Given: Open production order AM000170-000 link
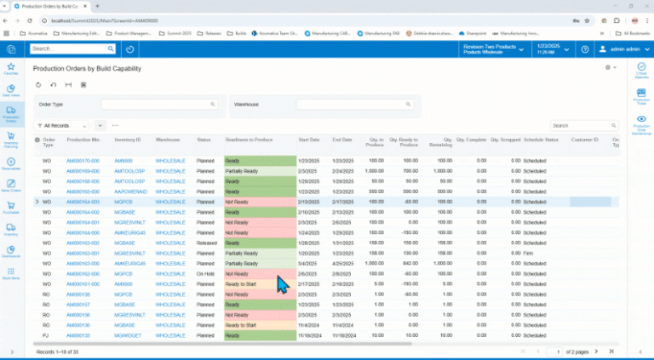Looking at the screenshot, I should point(83,160).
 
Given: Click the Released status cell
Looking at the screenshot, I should point(206,242).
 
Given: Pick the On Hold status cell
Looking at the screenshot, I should point(205,274).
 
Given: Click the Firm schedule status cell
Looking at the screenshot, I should point(530,253).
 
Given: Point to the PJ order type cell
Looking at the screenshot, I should point(48,335).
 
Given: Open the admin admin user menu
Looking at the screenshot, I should point(619,49).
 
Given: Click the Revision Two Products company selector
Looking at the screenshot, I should point(492,49).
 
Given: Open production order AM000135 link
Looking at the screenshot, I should point(78,335).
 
